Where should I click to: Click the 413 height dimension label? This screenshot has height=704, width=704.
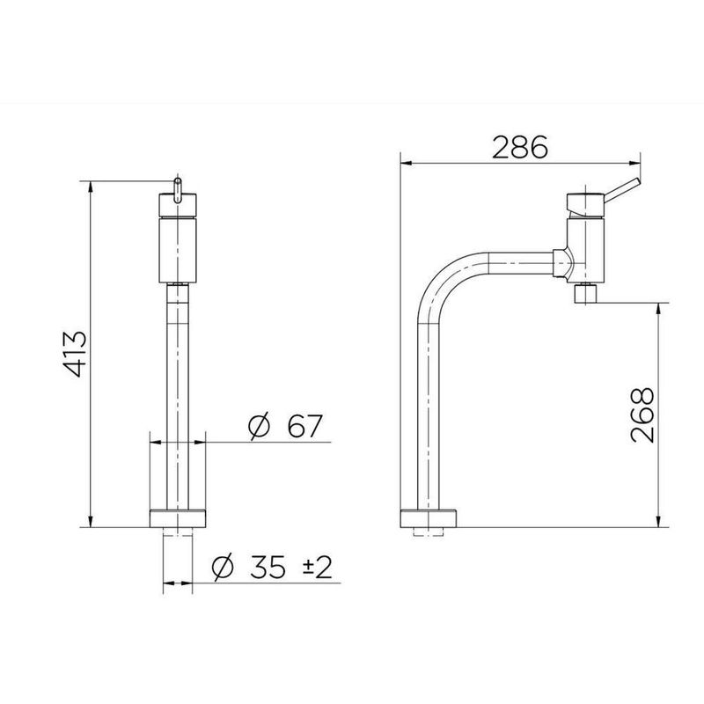point(75,354)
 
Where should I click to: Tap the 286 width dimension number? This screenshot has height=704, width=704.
point(520,147)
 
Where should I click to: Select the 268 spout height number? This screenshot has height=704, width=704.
point(642,415)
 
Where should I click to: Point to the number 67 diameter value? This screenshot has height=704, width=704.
point(304,426)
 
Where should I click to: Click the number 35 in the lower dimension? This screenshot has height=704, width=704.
point(268,567)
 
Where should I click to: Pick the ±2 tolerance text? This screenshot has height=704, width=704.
point(318,567)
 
